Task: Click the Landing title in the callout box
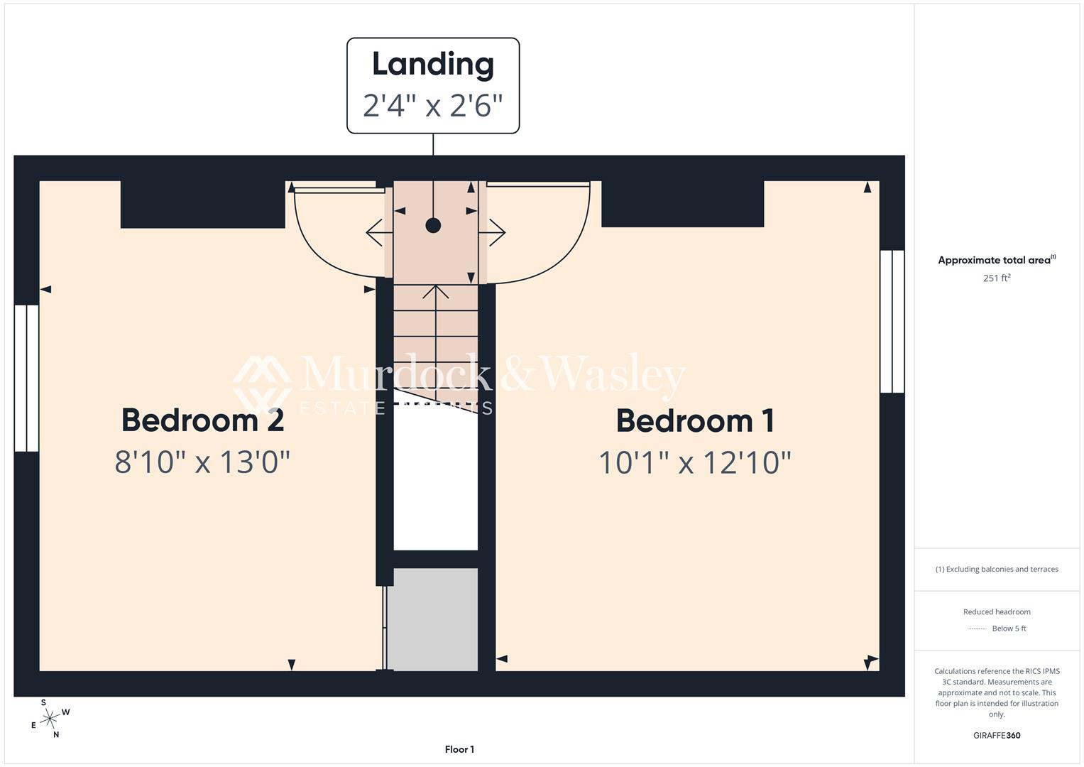[433, 65]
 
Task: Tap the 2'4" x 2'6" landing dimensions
[433, 106]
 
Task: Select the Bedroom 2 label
[203, 420]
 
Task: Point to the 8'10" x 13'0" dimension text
[202, 462]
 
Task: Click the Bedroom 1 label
[695, 420]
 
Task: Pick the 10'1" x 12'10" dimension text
[695, 462]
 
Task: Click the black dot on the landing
[433, 226]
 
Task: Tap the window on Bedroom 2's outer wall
[26, 378]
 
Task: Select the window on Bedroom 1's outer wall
[892, 321]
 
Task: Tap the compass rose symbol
[50, 719]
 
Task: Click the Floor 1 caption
[459, 749]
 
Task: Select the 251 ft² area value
[997, 278]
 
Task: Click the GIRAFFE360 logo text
[997, 735]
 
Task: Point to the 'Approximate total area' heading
[997, 260]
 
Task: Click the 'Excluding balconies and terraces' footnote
[997, 569]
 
